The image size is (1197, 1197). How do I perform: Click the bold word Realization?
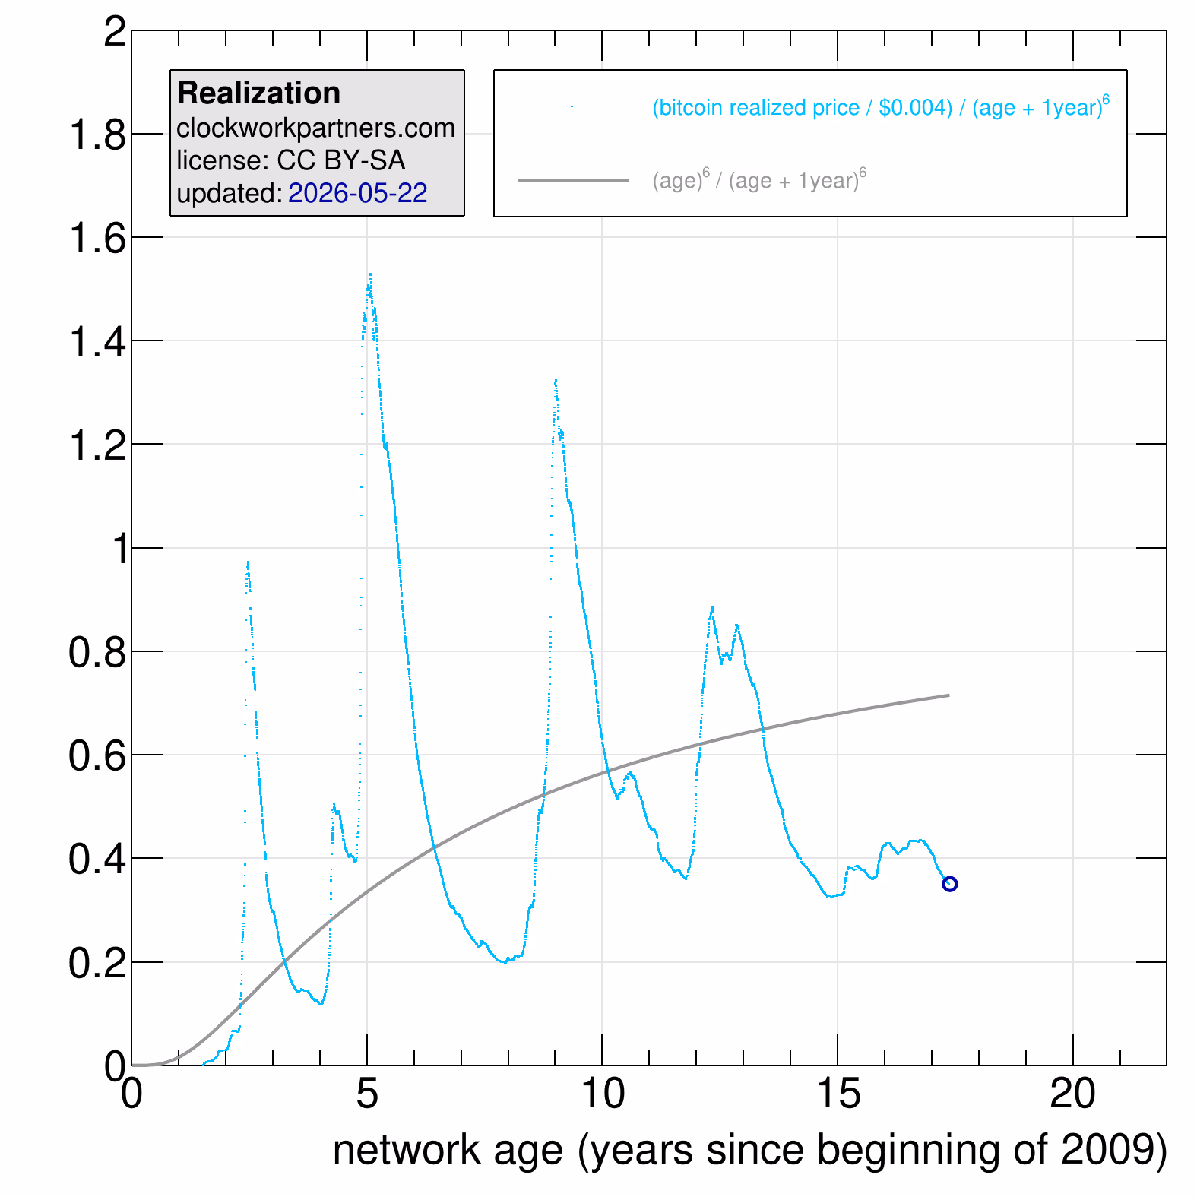pos(258,93)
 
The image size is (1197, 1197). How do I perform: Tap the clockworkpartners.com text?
pos(315,128)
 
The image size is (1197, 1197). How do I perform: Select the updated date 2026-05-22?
pos(357,193)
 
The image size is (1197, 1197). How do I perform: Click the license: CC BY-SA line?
pos(290,160)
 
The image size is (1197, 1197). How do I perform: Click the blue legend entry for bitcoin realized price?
pos(880,106)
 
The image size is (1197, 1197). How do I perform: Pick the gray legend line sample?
pos(572,180)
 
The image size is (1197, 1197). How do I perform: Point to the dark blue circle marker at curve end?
pos(949,884)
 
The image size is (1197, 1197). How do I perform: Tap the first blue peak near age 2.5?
pos(248,562)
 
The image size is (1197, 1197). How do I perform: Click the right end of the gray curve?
pos(948,695)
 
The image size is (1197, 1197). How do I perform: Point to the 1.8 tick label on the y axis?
pos(98,135)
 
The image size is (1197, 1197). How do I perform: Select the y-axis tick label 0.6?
pos(98,755)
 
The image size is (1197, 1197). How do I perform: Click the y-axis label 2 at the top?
pos(116,32)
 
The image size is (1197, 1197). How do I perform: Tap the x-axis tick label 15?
pos(838,1094)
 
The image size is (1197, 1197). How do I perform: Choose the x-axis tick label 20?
pos(1072,1094)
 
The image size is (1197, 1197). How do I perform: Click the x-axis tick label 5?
pos(367,1094)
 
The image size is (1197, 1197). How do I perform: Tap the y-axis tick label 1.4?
pos(98,342)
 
